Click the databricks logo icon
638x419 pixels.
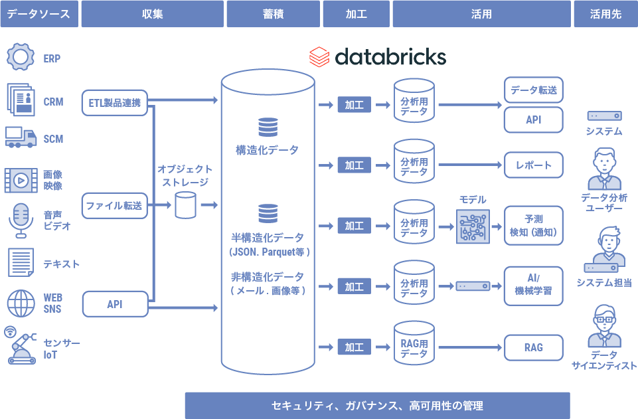coord(319,57)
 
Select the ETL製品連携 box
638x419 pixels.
coord(115,103)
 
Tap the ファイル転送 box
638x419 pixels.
coord(114,206)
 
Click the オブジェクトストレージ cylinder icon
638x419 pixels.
coord(185,205)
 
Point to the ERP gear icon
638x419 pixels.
coord(20,57)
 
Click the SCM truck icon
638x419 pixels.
coord(20,137)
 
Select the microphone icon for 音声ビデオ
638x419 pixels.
coord(21,220)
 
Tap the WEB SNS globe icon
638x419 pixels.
coord(21,303)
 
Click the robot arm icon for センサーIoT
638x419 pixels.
coord(21,345)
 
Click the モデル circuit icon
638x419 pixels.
coord(473,226)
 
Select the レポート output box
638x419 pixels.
coord(534,165)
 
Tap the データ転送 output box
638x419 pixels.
coord(534,90)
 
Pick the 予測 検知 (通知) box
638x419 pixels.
coord(534,226)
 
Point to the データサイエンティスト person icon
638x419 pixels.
coord(603,325)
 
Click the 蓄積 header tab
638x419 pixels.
coord(273,14)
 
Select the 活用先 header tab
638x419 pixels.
coord(605,14)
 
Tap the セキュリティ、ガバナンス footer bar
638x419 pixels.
coord(377,405)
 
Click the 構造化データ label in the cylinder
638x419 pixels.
coord(268,150)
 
